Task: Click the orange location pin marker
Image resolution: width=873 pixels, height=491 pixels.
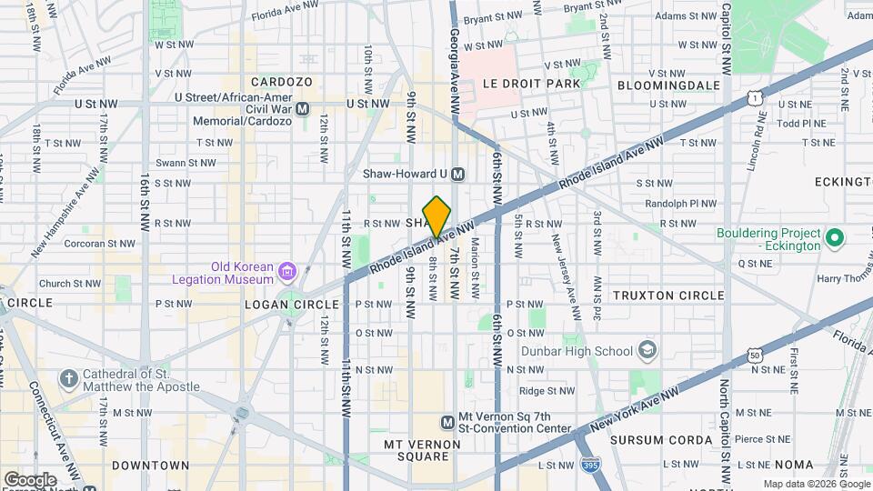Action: (x=436, y=216)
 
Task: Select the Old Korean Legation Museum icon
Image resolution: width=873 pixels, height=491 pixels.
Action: (x=287, y=271)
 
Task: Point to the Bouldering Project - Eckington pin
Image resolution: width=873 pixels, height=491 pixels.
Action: (x=834, y=239)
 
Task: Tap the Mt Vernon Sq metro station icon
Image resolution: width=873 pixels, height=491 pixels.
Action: (x=447, y=422)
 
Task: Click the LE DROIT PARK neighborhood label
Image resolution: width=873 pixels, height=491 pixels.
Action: (x=531, y=84)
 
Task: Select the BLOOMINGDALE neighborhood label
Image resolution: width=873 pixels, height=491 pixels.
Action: (x=668, y=85)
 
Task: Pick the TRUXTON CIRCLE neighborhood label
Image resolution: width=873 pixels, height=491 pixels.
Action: (x=668, y=296)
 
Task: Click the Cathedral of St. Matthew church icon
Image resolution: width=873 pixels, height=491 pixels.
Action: (x=68, y=377)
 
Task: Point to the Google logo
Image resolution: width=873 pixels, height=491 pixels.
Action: (x=29, y=479)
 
